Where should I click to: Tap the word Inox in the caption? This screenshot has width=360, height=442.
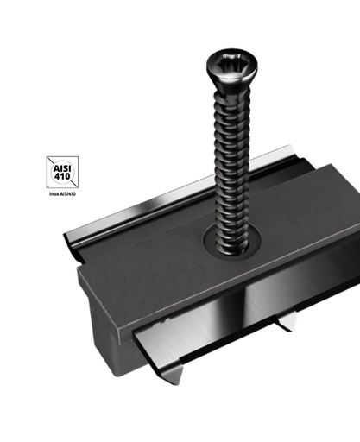tap(54, 196)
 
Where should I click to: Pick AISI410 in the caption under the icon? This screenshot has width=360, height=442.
tap(69, 196)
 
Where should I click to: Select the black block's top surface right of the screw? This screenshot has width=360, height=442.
tap(294, 216)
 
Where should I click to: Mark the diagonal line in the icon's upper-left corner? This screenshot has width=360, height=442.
tap(53, 161)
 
